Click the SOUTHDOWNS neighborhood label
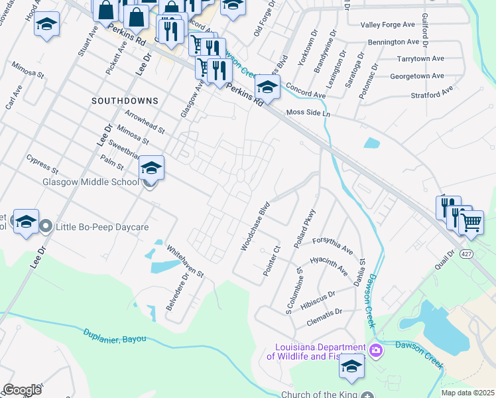[x=125, y=101]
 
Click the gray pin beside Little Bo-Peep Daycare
[x=46, y=227]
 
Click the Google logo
[x=23, y=390]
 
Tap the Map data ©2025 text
[x=467, y=393]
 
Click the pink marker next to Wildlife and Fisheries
[x=376, y=350]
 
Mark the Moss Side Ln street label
[x=308, y=113]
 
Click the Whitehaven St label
[x=185, y=261]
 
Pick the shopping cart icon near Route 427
[x=471, y=224]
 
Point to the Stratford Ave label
[x=417, y=94]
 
